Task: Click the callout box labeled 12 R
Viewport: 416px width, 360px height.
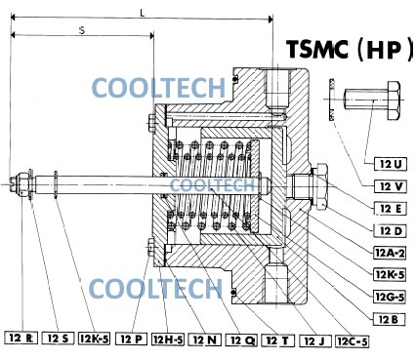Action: pyautogui.click(x=21, y=339)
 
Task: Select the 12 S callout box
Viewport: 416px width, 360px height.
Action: pyautogui.click(x=59, y=339)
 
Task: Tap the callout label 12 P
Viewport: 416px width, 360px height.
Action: pyautogui.click(x=131, y=340)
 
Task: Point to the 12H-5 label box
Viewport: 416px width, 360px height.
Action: pyautogui.click(x=168, y=340)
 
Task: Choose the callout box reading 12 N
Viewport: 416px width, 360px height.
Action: pyautogui.click(x=205, y=340)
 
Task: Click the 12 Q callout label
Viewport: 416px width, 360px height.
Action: pyautogui.click(x=241, y=340)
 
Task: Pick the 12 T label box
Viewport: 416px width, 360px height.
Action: pyautogui.click(x=277, y=340)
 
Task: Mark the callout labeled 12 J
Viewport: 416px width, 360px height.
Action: pyautogui.click(x=314, y=341)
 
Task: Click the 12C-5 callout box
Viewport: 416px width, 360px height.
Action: pyautogui.click(x=353, y=341)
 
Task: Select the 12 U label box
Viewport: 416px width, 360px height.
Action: pyautogui.click(x=391, y=165)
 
